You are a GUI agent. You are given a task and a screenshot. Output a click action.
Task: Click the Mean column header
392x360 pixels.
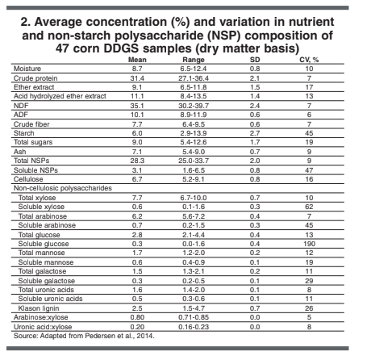point(137,61)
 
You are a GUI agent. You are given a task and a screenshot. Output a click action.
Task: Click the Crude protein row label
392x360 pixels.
point(35,78)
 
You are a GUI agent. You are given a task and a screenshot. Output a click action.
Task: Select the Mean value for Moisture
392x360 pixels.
point(137,69)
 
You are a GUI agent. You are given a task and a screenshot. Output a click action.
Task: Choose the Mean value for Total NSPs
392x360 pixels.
point(137,160)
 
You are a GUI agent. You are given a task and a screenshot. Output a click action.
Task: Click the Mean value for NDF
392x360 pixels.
point(137,105)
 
